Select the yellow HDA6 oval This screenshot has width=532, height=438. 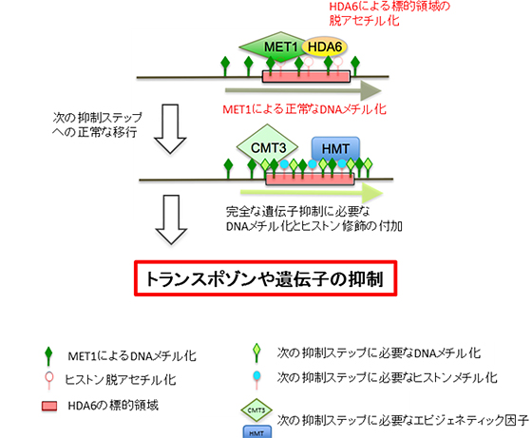point(326,48)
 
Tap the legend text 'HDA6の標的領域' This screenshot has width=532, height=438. point(102,402)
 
